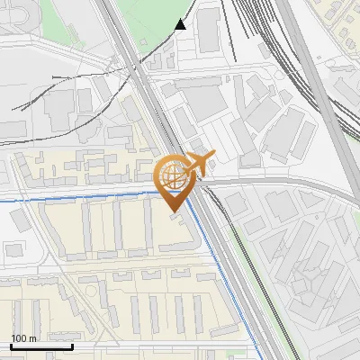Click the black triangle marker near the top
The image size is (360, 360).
pyautogui.click(x=181, y=24)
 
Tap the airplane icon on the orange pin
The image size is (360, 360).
pyautogui.click(x=198, y=162)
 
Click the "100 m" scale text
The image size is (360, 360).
pyautogui.click(x=23, y=338)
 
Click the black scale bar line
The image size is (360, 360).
pyautogui.click(x=41, y=346)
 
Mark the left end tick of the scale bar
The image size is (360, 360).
pyautogui.click(x=11, y=345)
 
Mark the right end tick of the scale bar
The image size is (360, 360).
pyautogui.click(x=72, y=345)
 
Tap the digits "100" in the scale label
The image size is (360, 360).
pyautogui.click(x=19, y=338)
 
